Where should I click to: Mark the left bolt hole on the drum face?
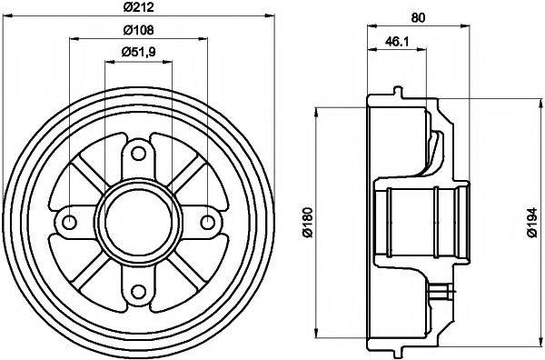pos(68,221)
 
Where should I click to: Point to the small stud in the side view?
pos(445,291)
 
